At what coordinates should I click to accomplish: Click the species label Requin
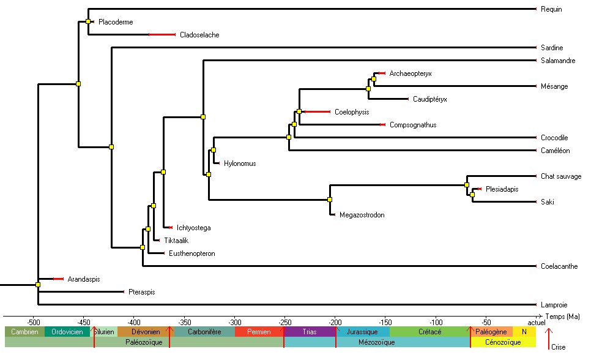tap(551, 9)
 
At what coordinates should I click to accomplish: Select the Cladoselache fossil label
tap(199, 35)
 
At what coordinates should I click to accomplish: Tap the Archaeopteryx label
tap(411, 73)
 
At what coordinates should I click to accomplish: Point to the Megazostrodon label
tap(362, 215)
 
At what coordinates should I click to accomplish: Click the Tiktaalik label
tap(176, 241)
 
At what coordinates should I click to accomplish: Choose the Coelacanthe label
tap(559, 266)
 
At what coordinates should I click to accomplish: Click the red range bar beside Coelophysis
tap(317, 112)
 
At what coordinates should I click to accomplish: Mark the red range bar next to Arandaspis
tap(58, 279)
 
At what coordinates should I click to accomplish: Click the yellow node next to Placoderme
tap(88, 21)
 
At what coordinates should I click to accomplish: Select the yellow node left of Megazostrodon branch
tap(329, 200)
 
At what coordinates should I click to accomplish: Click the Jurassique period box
tap(362, 332)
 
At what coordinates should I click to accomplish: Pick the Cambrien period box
tap(24, 332)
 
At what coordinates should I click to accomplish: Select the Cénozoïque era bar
tap(502, 342)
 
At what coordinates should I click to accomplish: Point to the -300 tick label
tap(234, 321)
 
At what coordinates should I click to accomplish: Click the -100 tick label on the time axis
tap(436, 321)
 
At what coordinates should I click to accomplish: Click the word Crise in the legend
tap(558, 348)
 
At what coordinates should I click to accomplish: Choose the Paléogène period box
tap(491, 332)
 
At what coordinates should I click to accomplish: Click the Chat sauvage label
tap(561, 176)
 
